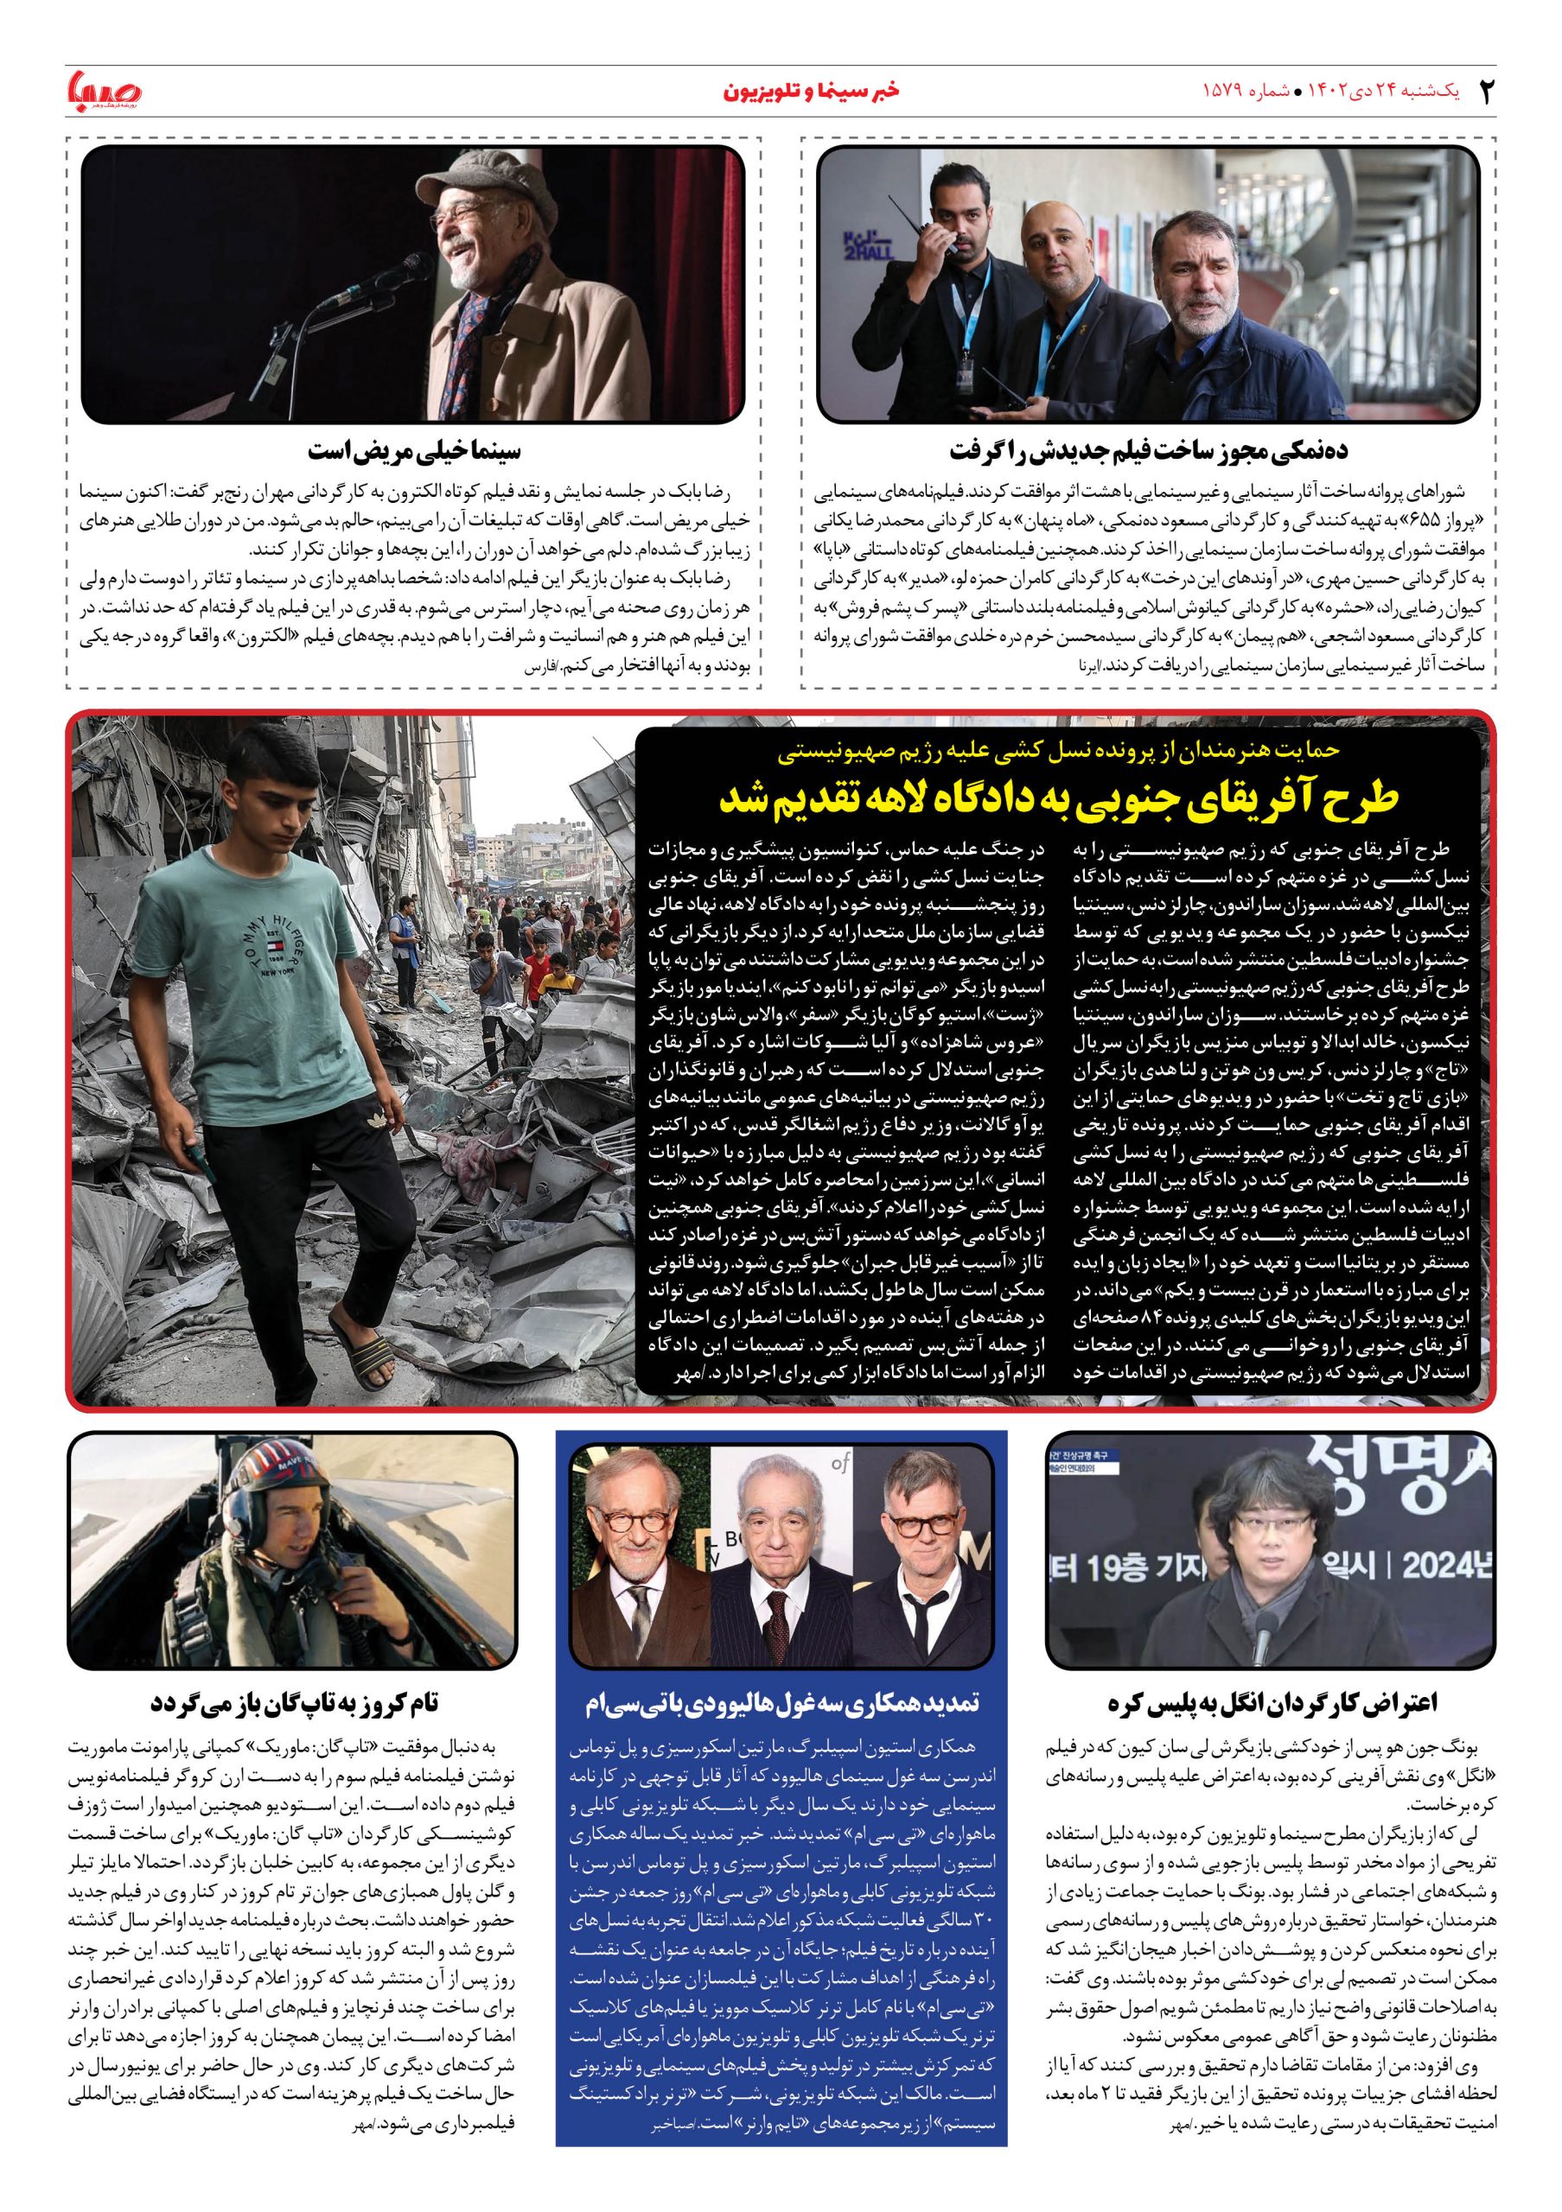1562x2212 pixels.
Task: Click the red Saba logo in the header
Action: pyautogui.click(x=104, y=91)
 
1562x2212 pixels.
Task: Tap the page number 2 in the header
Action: pyautogui.click(x=1485, y=92)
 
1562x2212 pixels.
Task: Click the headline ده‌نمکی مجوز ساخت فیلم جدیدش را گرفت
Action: pyautogui.click(x=1149, y=451)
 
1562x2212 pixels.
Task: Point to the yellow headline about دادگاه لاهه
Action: pyautogui.click(x=1057, y=801)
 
